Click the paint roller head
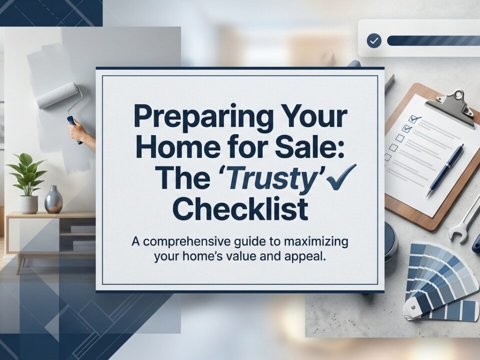(x=56, y=95)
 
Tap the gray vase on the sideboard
(x=53, y=199)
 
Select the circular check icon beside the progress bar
(x=373, y=40)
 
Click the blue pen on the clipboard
(x=445, y=169)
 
